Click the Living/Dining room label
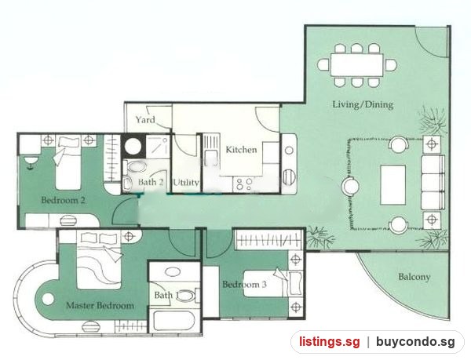363,104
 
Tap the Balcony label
414,277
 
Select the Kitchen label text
241,149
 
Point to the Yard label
145,120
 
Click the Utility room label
186,183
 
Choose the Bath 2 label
151,182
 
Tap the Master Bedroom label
100,306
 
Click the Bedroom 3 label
244,284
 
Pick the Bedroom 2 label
63,200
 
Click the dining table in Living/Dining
356,65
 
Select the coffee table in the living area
393,185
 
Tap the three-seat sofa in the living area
433,182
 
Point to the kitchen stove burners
244,184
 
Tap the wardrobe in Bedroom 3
268,239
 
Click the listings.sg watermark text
329,342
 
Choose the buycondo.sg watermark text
415,342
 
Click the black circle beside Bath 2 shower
133,147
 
